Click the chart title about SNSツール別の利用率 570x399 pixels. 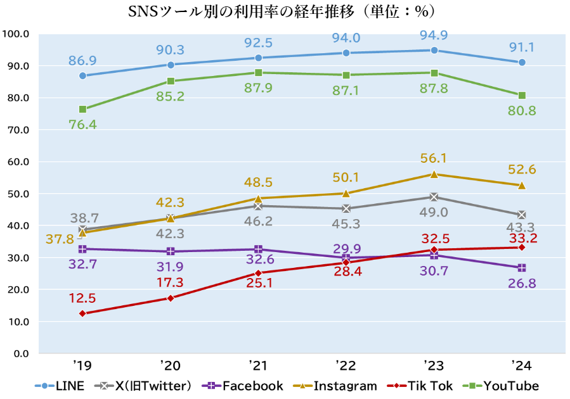point(285,12)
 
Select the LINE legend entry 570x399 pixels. point(60,386)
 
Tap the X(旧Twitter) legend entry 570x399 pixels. point(142,386)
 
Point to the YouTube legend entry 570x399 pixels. point(502,386)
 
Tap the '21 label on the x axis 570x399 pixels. point(259,365)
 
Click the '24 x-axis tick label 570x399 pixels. point(521,365)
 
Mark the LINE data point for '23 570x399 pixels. point(434,50)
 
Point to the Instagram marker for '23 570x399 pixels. point(434,174)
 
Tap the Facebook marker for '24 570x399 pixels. point(522,268)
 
